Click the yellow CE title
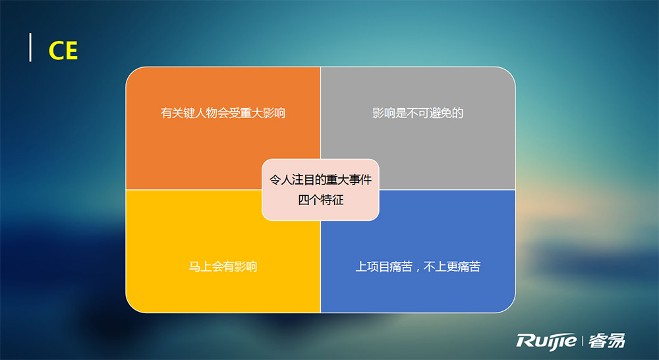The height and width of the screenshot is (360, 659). [63, 51]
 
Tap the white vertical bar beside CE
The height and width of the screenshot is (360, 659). [30, 47]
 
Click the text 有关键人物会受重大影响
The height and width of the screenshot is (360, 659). [223, 113]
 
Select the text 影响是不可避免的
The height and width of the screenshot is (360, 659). [418, 113]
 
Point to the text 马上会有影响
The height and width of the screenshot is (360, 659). [223, 266]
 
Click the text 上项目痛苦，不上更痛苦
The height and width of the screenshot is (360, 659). [418, 266]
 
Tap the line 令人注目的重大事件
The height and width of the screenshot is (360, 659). [321, 180]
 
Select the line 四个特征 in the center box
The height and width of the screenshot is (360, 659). [321, 200]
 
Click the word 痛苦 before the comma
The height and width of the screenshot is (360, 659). [401, 266]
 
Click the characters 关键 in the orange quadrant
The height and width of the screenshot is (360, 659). [183, 113]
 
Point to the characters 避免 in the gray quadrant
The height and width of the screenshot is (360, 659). [440, 113]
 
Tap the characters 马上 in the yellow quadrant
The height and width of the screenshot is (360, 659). [200, 266]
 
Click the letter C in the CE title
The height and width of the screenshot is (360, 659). [56, 51]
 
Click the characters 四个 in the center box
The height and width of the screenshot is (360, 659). [309, 200]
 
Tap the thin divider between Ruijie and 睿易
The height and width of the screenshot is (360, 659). [583, 341]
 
